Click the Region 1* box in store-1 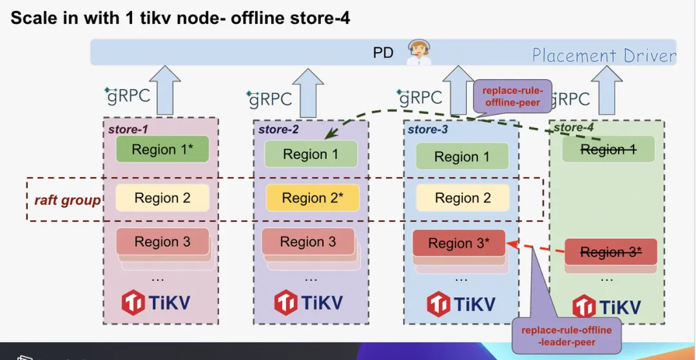coord(162,149)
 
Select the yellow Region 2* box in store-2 coord(312,198)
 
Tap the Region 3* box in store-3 coord(459,243)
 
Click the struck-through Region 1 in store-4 coord(608,149)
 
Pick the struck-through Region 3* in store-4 coord(611,252)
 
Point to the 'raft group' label coord(68,200)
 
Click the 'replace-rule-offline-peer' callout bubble coord(513,96)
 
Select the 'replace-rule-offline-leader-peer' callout coord(566,336)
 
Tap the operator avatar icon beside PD coord(418,52)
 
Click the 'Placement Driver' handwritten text coord(604,55)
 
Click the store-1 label coord(128,129)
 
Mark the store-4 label coord(573,128)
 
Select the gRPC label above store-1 coord(128,96)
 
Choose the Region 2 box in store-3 coord(463,198)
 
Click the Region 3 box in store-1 coord(162,242)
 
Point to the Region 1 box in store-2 coord(311,155)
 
